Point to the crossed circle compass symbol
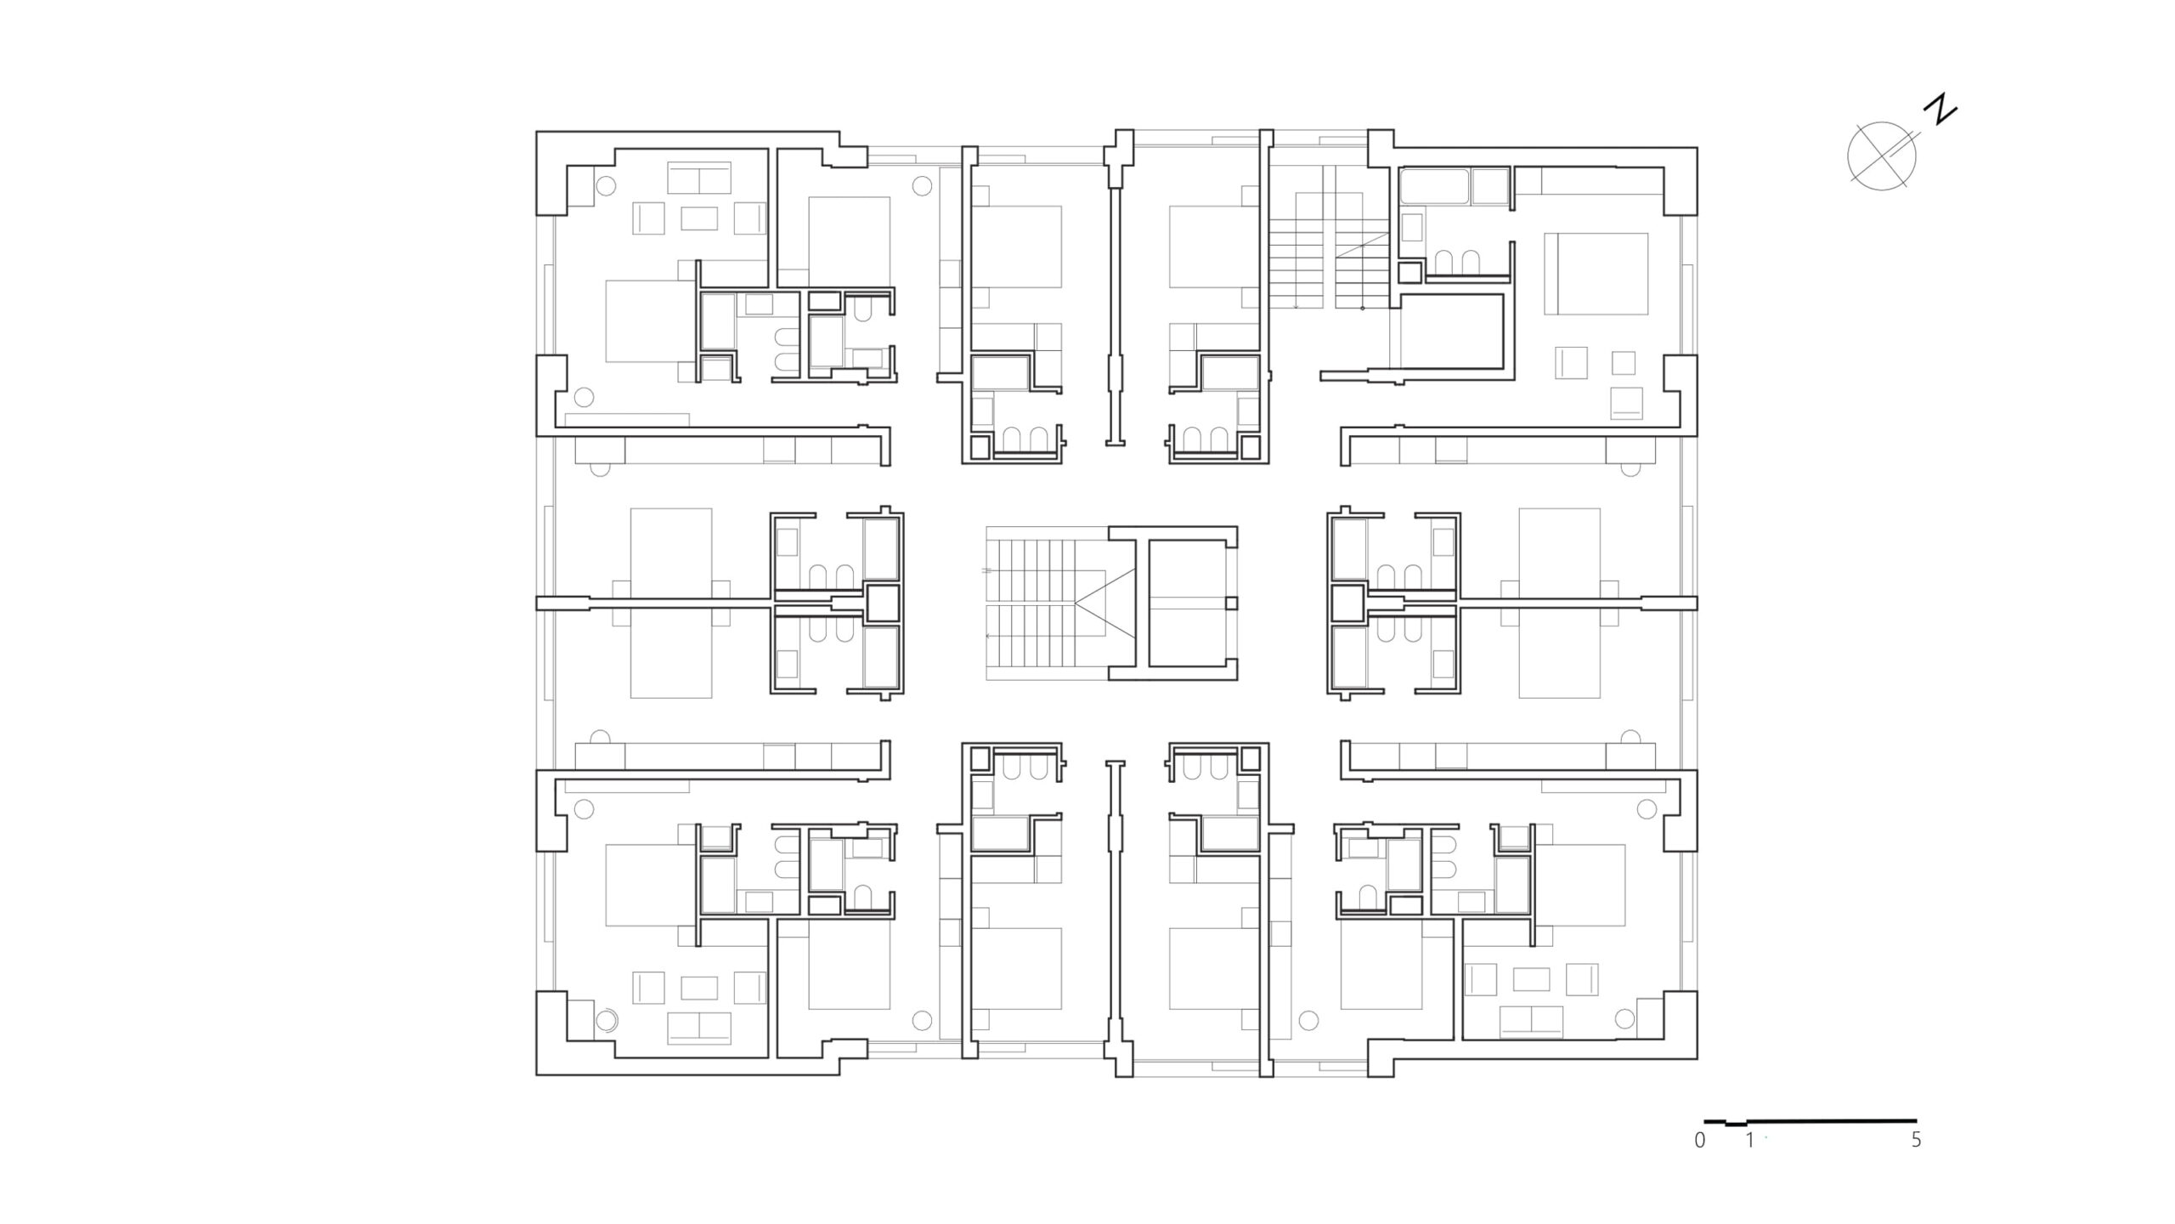[1882, 156]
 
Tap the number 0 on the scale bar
[1700, 1141]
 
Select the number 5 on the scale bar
[1916, 1140]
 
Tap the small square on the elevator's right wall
[1231, 603]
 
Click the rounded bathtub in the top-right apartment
[1435, 187]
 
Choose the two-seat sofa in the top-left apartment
[699, 178]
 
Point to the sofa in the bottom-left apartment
[699, 1028]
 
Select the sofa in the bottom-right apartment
[1532, 1022]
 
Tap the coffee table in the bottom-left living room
[699, 987]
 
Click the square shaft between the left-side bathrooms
[883, 603]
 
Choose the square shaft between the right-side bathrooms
[1348, 603]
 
